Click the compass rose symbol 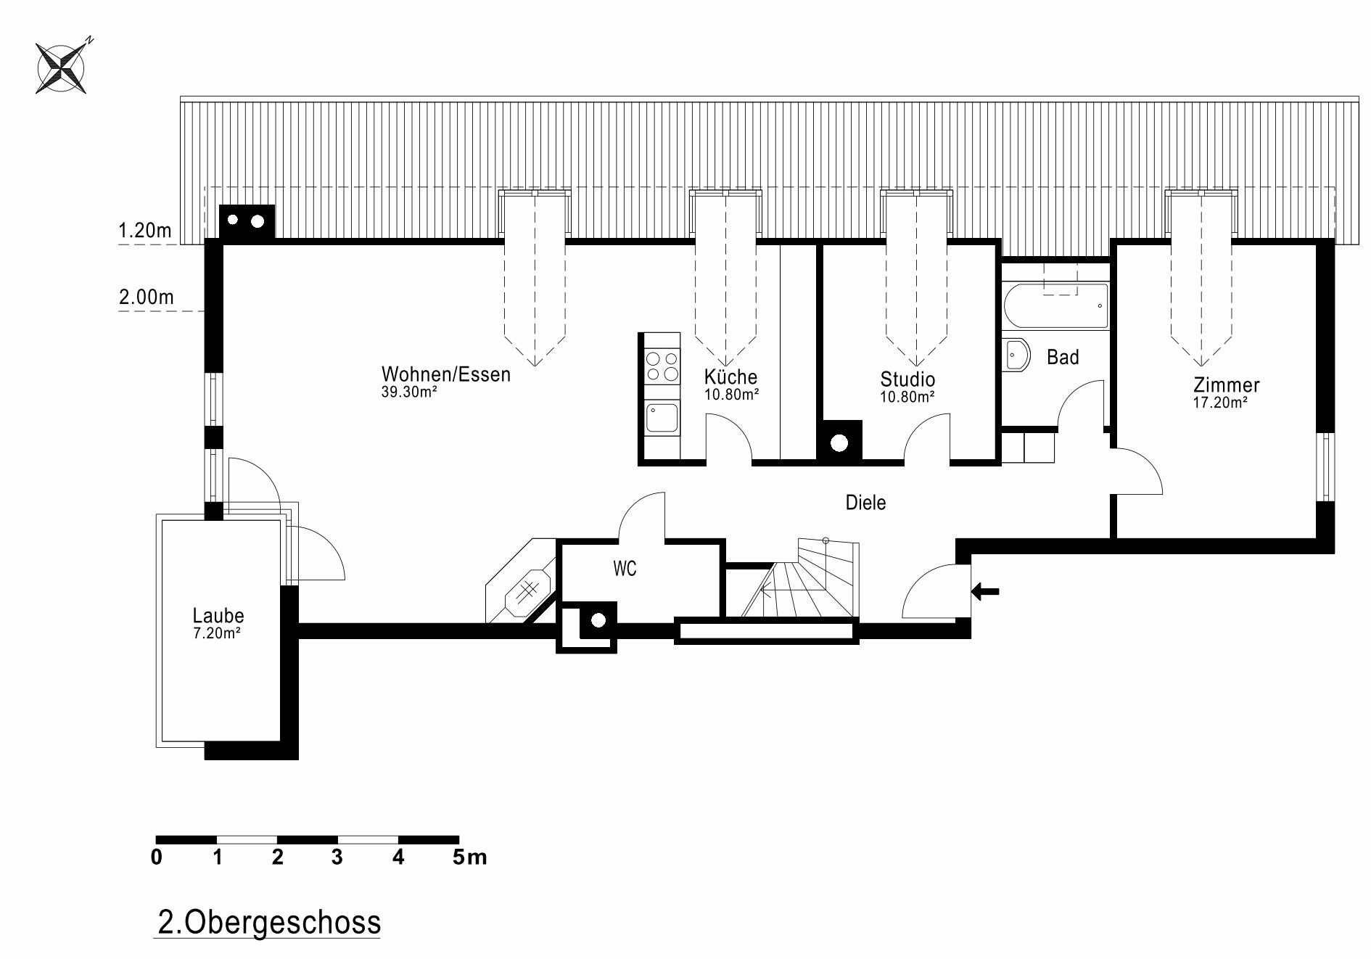(62, 67)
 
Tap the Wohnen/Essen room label (446, 374)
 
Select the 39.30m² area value (409, 392)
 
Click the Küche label (730, 376)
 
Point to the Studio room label (907, 379)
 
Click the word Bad (1063, 357)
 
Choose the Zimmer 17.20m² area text (1220, 403)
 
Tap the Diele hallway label (865, 503)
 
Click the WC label (625, 569)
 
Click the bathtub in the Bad (1056, 305)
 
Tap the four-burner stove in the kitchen (662, 366)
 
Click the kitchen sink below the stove (662, 419)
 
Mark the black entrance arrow (985, 591)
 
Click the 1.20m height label (145, 231)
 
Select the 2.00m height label (146, 297)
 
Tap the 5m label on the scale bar (470, 857)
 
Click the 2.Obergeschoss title (269, 923)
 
